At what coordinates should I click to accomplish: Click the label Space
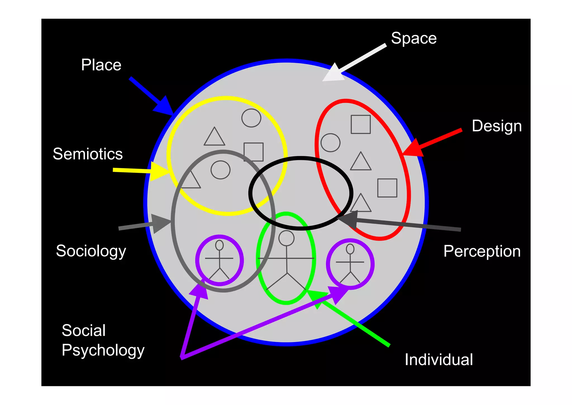click(x=414, y=38)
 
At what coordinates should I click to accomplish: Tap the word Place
click(x=101, y=65)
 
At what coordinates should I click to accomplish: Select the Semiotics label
click(x=88, y=154)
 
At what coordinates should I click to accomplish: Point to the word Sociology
click(x=91, y=251)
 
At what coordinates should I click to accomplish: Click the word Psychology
click(x=103, y=350)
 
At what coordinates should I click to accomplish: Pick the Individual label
click(x=439, y=360)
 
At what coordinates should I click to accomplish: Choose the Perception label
click(x=482, y=251)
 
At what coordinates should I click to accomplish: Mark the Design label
click(x=497, y=126)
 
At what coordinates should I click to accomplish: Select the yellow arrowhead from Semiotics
click(x=159, y=171)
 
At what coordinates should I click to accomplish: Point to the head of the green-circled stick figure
click(x=287, y=238)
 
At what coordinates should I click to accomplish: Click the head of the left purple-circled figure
click(x=220, y=245)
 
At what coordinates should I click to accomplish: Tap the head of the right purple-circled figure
click(x=350, y=249)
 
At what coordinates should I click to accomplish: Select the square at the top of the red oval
click(x=361, y=124)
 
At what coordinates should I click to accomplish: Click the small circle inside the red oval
click(x=330, y=143)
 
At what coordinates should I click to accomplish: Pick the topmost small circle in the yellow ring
click(x=251, y=118)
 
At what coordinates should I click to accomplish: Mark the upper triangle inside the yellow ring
click(x=214, y=137)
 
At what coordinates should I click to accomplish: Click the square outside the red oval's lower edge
click(x=387, y=188)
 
